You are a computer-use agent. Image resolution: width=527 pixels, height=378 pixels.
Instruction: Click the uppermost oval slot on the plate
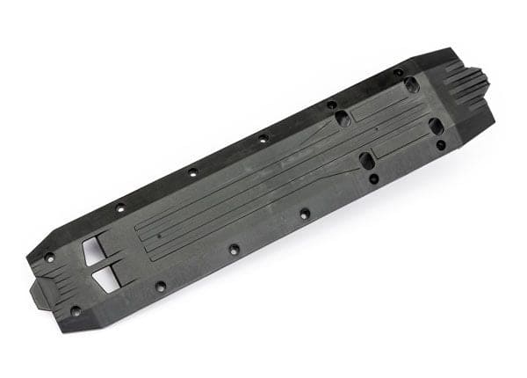(410, 84)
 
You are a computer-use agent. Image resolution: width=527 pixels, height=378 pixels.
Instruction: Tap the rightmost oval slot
(436, 126)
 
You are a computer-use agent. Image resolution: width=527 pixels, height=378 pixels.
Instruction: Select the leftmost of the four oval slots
(343, 117)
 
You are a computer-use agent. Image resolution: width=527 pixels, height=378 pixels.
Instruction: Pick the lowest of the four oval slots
(367, 161)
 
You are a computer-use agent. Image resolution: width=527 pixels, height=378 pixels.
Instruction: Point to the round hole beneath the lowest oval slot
(374, 178)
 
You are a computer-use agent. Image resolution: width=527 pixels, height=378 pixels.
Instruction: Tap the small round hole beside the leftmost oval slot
(331, 105)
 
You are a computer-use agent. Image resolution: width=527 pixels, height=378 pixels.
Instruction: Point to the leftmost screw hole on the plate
(49, 258)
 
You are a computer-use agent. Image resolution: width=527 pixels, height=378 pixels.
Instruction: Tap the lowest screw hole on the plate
(76, 310)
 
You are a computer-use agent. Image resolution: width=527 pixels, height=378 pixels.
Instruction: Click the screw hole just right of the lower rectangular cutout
(161, 286)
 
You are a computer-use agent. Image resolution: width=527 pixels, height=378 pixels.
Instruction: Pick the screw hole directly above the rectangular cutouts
(120, 208)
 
